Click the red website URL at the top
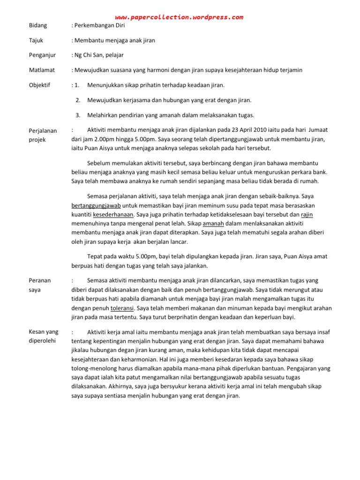[x=180, y=17]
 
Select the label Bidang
[x=38, y=25]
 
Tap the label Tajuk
[x=36, y=40]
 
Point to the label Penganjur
[x=42, y=55]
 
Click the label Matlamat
[x=42, y=70]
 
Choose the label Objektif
[x=40, y=85]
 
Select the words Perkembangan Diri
[x=100, y=25]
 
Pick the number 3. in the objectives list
[x=78, y=115]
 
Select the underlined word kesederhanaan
[x=114, y=215]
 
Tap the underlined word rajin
[x=307, y=215]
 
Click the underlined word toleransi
[x=122, y=308]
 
